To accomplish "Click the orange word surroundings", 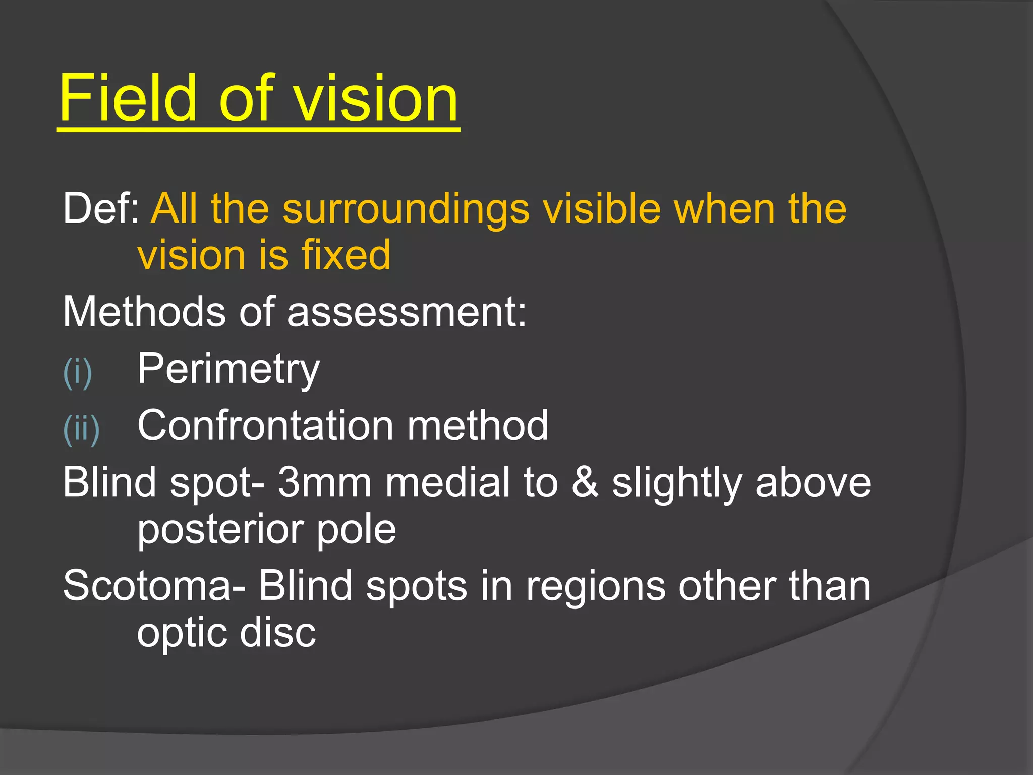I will point(406,209).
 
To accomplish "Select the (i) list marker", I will point(77,372).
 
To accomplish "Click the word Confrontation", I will point(265,425).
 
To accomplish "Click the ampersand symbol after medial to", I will point(585,482).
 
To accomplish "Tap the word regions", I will point(596,587).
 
